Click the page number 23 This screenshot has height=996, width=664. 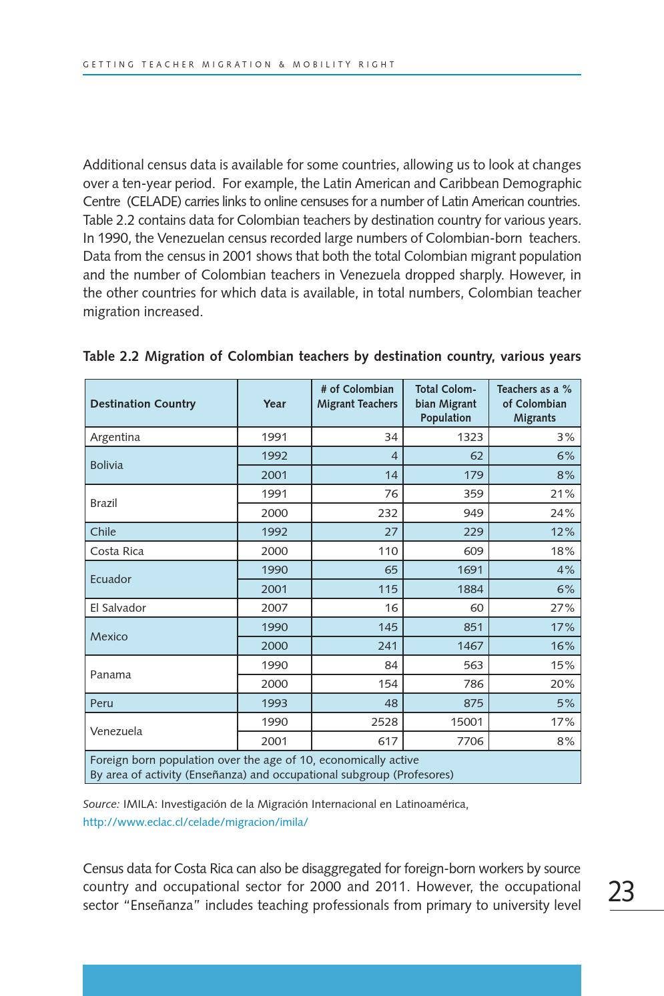point(621,892)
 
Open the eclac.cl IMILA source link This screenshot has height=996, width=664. point(195,822)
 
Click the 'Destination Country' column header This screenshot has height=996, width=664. point(143,404)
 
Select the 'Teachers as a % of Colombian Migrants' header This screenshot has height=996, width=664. point(534,404)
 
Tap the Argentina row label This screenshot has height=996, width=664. point(115,437)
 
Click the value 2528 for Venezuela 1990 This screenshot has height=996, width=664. point(384,722)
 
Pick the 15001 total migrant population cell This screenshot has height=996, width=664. point(466,722)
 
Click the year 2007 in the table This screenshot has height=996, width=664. point(274,608)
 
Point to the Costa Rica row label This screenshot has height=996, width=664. point(117,551)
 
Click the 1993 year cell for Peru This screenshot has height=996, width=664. point(274,703)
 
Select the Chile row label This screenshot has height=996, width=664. point(103,532)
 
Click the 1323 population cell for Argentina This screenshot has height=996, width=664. point(470,437)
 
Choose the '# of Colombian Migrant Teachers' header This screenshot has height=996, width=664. point(357,396)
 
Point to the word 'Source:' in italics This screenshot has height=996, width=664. point(101,804)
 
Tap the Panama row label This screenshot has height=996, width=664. point(110,674)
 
